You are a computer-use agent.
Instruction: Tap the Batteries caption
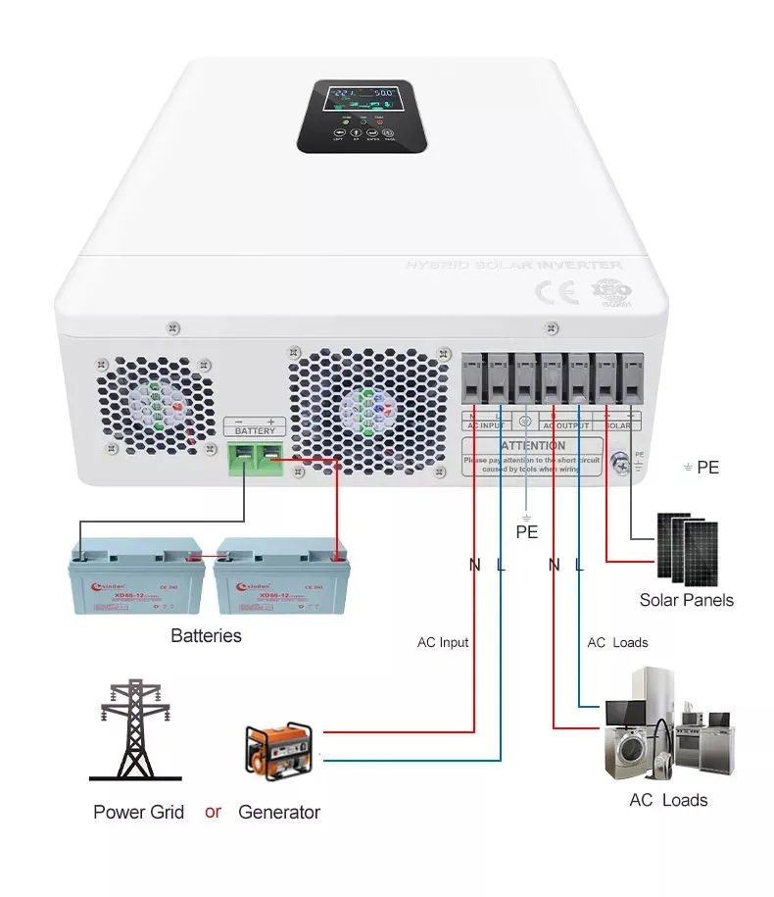coord(206,635)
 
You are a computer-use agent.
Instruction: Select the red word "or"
coord(213,812)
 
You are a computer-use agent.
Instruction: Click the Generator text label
coord(279,812)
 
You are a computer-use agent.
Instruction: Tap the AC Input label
coord(443,642)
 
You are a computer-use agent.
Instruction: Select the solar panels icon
coord(686,545)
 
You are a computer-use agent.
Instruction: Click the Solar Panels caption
coord(686,600)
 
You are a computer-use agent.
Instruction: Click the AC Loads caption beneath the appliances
coord(668,800)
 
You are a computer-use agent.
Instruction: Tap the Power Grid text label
coord(139,812)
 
